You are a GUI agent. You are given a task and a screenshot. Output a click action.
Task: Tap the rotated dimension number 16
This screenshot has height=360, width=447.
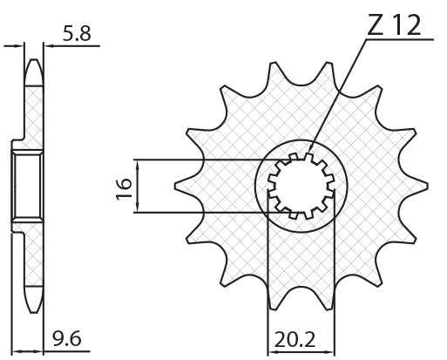click(123, 186)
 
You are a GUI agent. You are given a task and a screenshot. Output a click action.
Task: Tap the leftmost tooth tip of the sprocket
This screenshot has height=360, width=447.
click(177, 186)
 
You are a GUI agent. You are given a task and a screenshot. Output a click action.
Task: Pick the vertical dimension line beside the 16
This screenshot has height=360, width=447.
click(138, 186)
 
